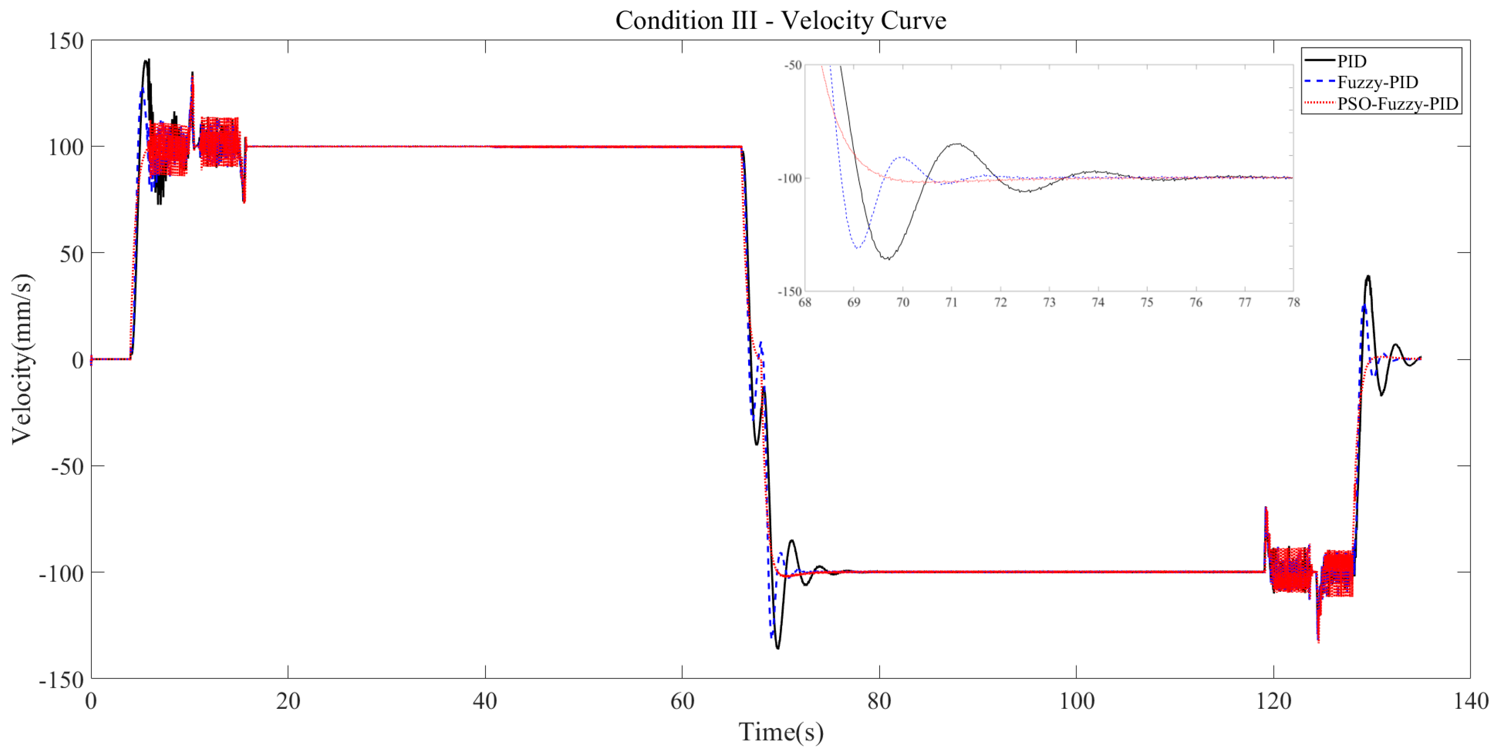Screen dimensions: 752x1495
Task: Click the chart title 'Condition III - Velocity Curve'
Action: coord(781,20)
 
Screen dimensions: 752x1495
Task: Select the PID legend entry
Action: coord(1352,61)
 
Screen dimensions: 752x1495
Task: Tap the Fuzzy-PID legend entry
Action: coord(1377,82)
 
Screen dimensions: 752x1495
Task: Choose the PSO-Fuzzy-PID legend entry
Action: coord(1398,104)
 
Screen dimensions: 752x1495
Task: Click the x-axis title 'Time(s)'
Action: coord(781,732)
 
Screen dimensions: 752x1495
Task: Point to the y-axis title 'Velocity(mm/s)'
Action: coord(22,359)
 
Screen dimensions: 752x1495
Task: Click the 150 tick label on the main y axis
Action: coord(66,41)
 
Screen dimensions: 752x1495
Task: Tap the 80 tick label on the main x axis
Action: coord(879,701)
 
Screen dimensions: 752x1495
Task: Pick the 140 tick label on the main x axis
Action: coord(1470,701)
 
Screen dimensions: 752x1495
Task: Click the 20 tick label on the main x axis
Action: coord(288,701)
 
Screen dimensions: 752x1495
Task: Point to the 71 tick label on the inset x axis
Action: coord(951,302)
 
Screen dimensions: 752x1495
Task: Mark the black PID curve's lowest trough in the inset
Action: coord(887,259)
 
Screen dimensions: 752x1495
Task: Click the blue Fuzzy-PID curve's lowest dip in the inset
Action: coord(857,248)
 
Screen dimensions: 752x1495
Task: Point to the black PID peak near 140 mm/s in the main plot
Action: coord(147,60)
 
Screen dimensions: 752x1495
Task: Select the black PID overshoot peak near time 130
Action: coord(1368,277)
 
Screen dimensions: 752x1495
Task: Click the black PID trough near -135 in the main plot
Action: coord(778,648)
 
